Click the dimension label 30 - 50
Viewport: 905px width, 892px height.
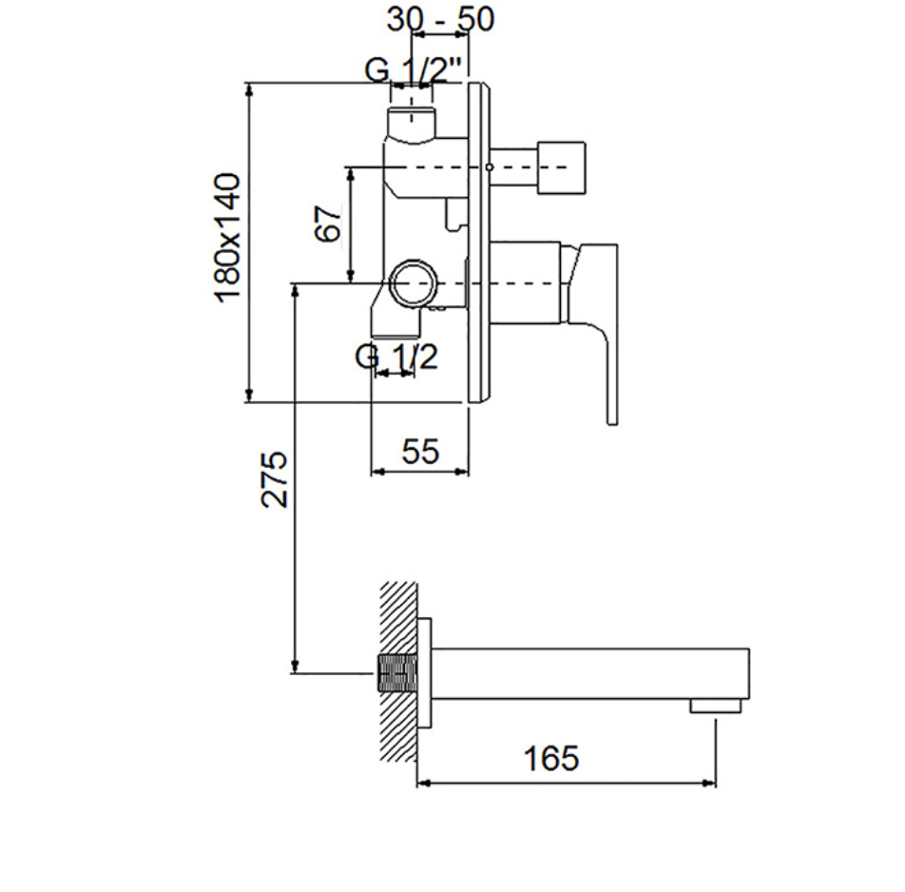click(440, 18)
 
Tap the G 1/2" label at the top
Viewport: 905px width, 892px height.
click(414, 70)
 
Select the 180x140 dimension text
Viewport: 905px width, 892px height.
click(227, 238)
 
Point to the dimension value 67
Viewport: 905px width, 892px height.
click(328, 224)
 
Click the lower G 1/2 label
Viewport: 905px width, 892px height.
click(396, 357)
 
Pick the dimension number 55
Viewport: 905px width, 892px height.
click(420, 451)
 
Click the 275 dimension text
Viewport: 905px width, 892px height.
click(274, 479)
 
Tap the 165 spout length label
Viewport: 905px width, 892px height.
click(550, 758)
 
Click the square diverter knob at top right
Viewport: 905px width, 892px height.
click(561, 166)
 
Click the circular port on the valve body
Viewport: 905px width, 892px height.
click(414, 282)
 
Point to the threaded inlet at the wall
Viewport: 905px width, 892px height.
click(396, 673)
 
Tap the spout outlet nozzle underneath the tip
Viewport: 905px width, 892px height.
click(716, 706)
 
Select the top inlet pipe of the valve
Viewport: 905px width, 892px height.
click(412, 123)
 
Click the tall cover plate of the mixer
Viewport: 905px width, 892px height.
click(478, 242)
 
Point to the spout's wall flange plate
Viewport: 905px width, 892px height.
click(424, 673)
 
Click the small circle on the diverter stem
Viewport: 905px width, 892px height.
click(490, 167)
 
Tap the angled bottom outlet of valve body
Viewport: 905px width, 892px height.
click(395, 315)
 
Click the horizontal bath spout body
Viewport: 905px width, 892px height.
click(590, 673)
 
